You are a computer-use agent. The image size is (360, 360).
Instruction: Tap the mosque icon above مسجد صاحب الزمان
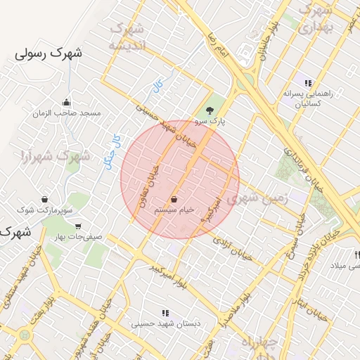point(67,102)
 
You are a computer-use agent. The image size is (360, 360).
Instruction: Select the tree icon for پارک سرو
point(209,110)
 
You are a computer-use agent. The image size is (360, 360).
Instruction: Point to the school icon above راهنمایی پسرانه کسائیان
point(308,83)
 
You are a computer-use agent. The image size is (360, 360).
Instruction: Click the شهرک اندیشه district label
point(127,37)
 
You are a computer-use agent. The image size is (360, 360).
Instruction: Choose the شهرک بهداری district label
point(314,20)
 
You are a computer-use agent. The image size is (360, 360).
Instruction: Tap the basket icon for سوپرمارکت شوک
point(45,199)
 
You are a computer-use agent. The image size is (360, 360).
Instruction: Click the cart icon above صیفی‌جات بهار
point(77,226)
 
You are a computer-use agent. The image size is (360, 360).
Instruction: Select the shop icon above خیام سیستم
point(173,200)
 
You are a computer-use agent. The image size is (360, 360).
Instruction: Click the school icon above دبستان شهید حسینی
point(165,313)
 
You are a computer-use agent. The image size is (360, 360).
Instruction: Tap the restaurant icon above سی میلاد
point(357,254)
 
